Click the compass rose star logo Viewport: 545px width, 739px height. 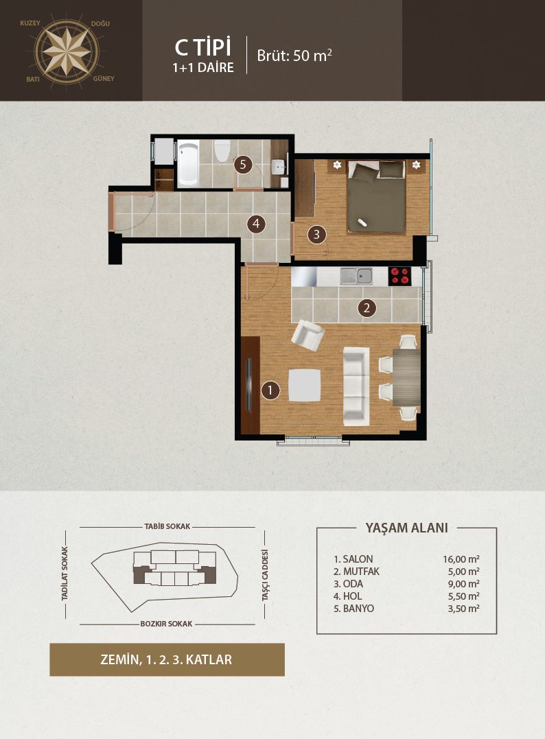pos(67,50)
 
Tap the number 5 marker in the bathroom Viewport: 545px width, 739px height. pos(243,165)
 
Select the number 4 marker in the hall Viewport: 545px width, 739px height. pos(256,224)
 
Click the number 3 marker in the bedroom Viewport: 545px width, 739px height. pos(316,234)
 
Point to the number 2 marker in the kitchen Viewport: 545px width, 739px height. pos(367,308)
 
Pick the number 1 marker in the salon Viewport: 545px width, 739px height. pos(270,390)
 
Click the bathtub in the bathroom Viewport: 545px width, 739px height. pos(188,163)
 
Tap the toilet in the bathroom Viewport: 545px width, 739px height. pos(222,151)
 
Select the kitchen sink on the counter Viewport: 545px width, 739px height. pos(356,276)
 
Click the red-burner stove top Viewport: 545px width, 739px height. pos(399,276)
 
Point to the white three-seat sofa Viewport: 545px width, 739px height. pos(356,386)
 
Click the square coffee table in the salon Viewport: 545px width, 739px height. pos(305,385)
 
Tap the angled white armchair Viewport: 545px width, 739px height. pos(308,335)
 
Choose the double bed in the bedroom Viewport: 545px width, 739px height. pos(377,197)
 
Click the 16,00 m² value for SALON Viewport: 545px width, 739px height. pos(461,559)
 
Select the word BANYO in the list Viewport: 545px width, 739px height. pos(358,609)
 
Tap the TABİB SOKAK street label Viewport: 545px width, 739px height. pos(167,526)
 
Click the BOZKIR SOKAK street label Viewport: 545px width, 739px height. pos(166,624)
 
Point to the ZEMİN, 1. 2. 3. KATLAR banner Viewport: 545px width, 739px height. pos(167,659)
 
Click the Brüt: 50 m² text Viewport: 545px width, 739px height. pos(294,55)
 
